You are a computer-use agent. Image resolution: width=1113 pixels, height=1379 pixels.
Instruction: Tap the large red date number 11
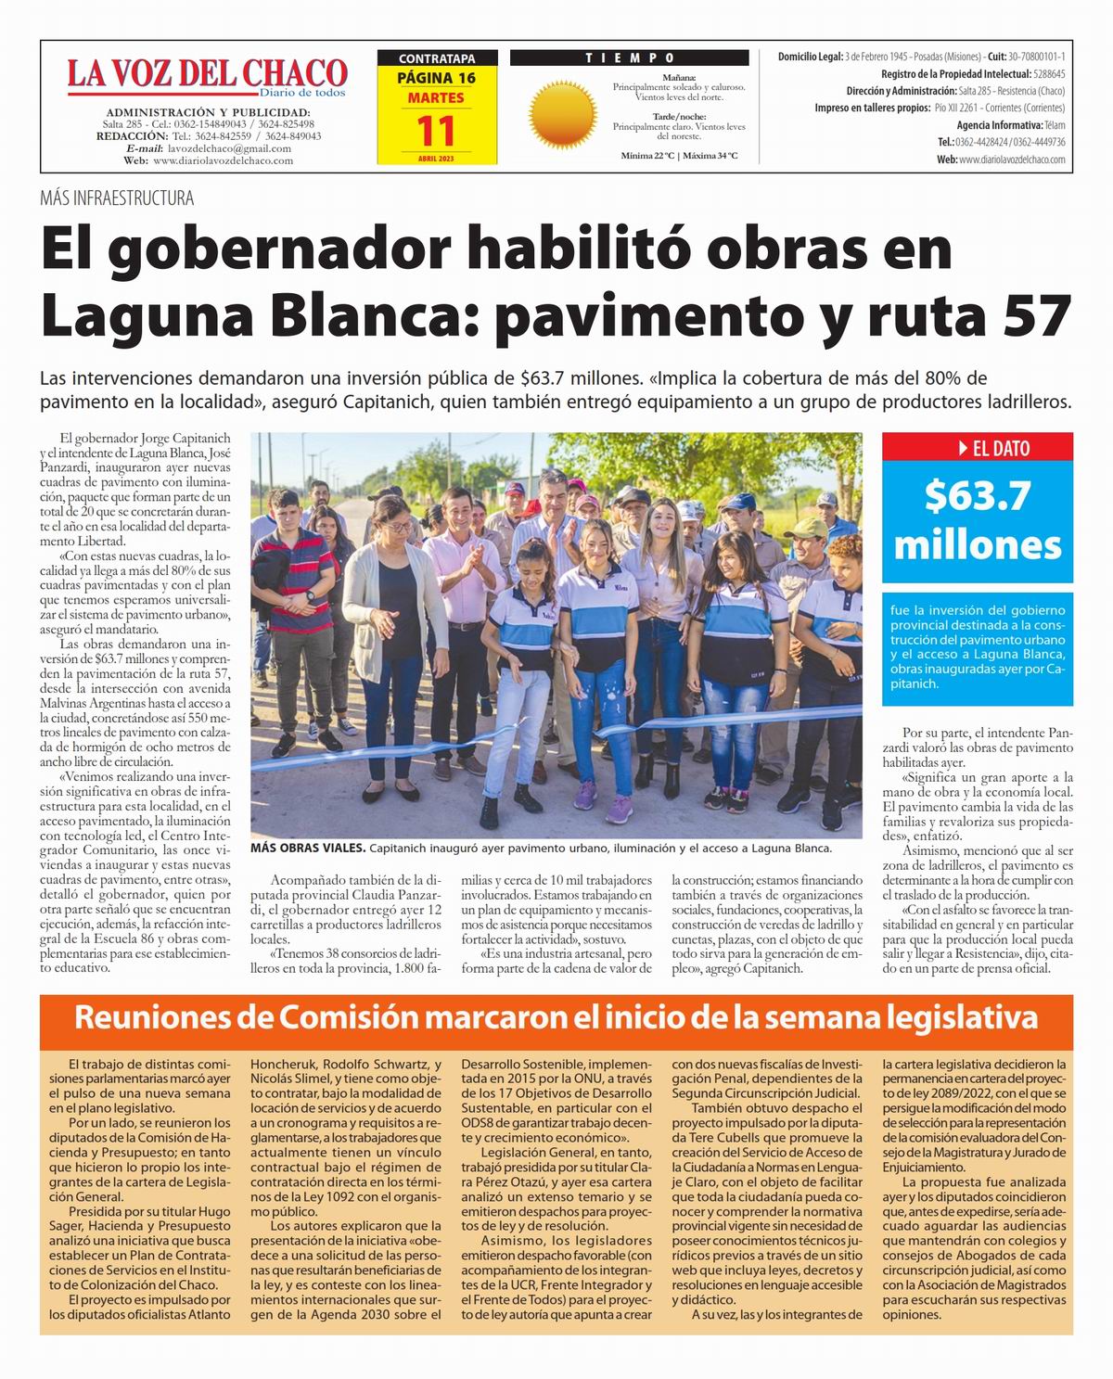[436, 132]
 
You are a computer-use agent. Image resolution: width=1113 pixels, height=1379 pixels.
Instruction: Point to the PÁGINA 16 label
[436, 78]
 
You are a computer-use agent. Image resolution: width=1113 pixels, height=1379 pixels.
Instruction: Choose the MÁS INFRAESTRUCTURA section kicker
[117, 198]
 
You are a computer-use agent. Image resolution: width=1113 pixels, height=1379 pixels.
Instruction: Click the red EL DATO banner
[977, 448]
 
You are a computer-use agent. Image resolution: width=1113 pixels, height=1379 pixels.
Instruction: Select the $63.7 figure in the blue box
[977, 496]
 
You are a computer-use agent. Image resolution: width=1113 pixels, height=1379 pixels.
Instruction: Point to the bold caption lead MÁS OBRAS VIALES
[307, 849]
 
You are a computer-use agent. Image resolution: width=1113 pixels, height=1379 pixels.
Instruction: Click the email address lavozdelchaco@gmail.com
[229, 148]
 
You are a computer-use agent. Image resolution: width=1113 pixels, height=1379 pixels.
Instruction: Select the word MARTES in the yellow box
[436, 97]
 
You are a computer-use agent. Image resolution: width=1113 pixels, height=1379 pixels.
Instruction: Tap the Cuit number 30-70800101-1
[1037, 57]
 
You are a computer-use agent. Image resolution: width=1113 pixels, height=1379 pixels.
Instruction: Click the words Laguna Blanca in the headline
[251, 315]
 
